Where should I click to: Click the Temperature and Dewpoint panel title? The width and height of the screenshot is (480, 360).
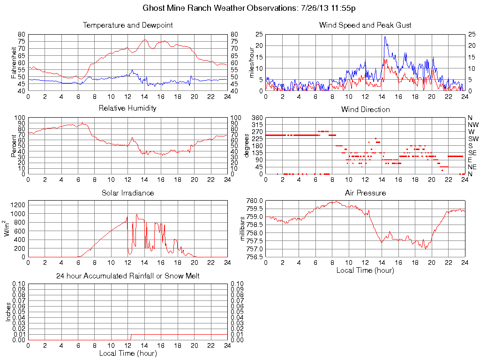[x=127, y=25]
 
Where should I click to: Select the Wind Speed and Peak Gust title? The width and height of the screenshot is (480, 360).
[x=365, y=25]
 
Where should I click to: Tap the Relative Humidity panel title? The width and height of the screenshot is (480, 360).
[x=127, y=108]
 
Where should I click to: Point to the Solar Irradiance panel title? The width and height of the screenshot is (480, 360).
[x=127, y=193]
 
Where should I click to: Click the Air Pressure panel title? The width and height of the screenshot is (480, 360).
[x=365, y=193]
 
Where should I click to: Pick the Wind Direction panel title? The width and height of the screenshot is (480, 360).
[x=365, y=109]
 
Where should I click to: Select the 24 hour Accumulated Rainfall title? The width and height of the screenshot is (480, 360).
[x=127, y=276]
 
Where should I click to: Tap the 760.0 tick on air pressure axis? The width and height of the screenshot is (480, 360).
[x=255, y=201]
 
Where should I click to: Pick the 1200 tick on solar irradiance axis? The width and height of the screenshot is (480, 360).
[x=18, y=205]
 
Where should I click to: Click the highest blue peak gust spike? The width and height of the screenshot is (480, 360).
[x=385, y=37]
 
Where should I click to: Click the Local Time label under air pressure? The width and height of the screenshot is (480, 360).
[x=365, y=270]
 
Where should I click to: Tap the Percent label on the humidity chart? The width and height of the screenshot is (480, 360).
[x=14, y=145]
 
